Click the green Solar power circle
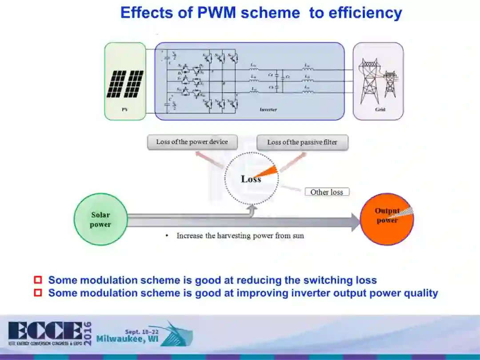tap(100, 219)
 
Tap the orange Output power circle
tap(387, 219)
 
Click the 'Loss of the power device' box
tap(192, 142)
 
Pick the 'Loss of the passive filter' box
tap(302, 143)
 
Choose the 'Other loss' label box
tap(327, 192)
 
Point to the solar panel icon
tap(125, 84)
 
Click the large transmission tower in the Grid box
tap(369, 80)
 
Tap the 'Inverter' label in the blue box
tap(268, 109)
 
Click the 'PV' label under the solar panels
tap(124, 109)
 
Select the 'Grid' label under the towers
tap(380, 109)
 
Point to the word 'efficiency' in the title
tap(365, 12)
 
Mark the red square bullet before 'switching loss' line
tap(38, 280)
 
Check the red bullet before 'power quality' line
tap(38, 293)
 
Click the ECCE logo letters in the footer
tap(44, 331)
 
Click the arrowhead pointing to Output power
tap(355, 222)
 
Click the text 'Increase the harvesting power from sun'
tap(240, 236)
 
